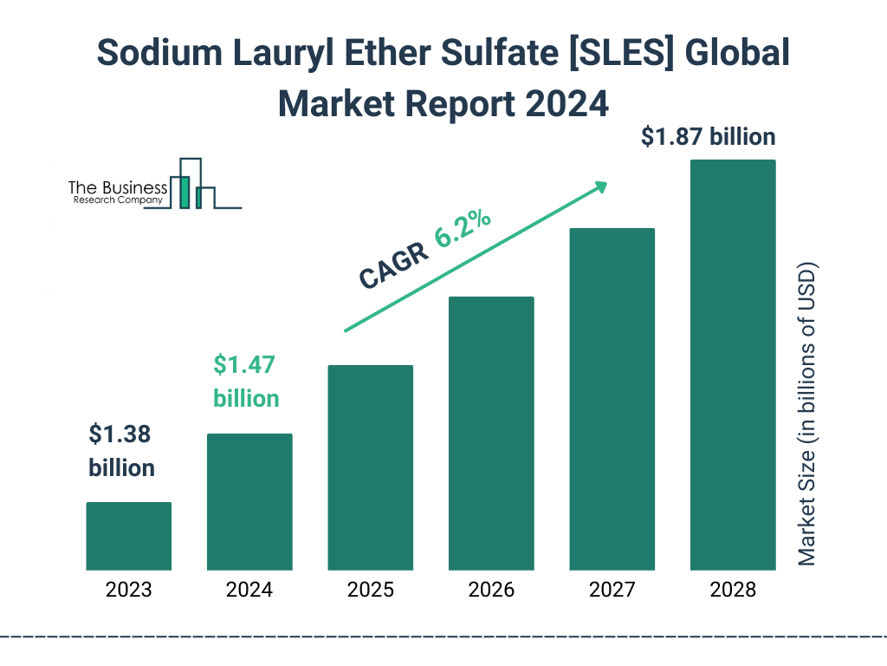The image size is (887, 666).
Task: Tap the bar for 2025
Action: point(370,467)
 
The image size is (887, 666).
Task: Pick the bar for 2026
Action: point(491,433)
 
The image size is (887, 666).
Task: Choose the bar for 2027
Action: point(612,399)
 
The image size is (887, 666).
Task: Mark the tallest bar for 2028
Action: point(733,364)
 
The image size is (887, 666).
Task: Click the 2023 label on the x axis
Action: point(128,591)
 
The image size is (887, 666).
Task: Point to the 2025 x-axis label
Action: point(370,591)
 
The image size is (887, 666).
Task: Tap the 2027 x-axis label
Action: point(612,591)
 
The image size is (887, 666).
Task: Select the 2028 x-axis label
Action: point(733,591)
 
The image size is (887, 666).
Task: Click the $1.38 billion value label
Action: point(122,451)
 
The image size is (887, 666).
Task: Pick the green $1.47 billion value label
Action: point(246,382)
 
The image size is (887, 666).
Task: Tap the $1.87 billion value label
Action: point(708,137)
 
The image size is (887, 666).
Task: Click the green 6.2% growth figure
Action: point(463,228)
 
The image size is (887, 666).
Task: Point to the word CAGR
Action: point(392,266)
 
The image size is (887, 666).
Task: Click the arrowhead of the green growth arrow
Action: point(599,187)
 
